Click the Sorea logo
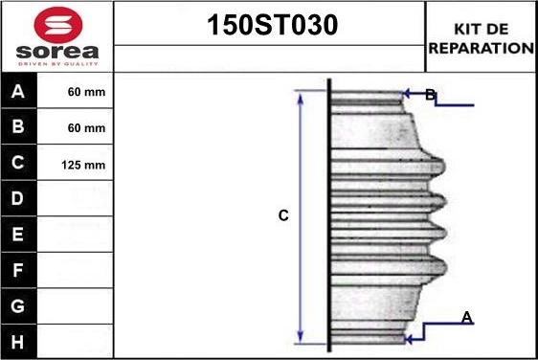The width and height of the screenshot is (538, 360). (56, 36)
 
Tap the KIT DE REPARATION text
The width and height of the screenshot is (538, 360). (481, 37)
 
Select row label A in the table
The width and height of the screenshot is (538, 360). (19, 93)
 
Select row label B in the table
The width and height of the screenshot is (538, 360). (19, 127)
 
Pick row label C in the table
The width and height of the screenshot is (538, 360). (19, 164)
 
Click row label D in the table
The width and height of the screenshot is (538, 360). (19, 199)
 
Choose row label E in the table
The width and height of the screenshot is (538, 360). (19, 235)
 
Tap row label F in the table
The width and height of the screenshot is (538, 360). (19, 270)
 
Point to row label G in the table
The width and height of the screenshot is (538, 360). (19, 306)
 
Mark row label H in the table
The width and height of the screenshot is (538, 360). (19, 341)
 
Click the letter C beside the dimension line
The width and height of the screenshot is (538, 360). (283, 216)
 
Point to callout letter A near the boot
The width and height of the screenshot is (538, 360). (467, 317)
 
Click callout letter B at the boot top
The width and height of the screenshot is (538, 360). (430, 94)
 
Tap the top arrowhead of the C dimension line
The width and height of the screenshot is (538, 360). (301, 96)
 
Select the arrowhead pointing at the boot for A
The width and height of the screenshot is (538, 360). (409, 337)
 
